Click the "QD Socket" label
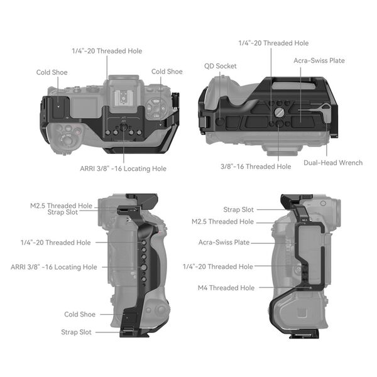tap(219, 65)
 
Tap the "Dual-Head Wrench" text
tap(333, 163)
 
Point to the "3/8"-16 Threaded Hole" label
tap(256, 167)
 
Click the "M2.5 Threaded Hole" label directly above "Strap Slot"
tap(61, 205)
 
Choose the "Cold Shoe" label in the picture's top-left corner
tap(52, 72)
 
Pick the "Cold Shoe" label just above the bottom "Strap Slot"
tap(80, 314)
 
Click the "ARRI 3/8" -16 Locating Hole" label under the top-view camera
tap(124, 168)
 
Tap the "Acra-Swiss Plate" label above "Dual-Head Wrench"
tap(319, 60)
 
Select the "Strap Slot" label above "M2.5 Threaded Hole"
tap(238, 209)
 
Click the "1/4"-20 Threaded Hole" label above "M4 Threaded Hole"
tap(218, 266)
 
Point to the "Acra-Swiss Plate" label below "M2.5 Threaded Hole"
tap(224, 243)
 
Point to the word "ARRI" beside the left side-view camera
tap(21, 267)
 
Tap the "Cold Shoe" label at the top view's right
tap(167, 72)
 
